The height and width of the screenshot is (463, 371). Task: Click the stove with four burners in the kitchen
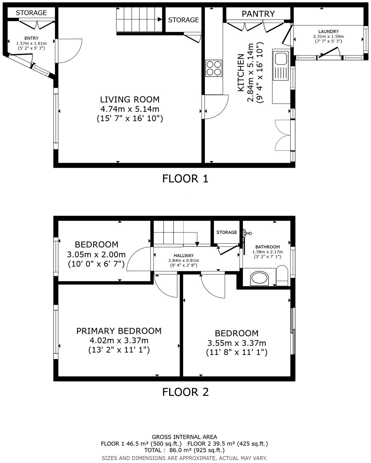214,68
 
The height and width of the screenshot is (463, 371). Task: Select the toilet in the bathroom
282,276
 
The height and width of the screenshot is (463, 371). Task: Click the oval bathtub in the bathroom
260,278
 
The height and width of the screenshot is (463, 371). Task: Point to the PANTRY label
258,14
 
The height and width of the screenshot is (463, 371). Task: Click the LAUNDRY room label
328,32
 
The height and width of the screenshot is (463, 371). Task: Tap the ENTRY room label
31,38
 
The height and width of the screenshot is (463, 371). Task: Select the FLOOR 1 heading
185,179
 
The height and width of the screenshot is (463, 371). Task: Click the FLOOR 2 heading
185,392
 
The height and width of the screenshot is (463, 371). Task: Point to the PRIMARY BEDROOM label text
119,331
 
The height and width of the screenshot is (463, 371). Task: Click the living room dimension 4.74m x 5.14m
130,109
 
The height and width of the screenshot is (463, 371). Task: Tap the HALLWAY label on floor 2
184,255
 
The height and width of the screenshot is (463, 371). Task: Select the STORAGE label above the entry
31,13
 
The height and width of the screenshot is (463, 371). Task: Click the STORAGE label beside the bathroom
227,232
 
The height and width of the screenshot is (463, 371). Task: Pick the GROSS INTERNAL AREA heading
184,437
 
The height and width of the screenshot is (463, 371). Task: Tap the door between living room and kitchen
216,107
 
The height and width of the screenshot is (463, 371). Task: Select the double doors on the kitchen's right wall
283,135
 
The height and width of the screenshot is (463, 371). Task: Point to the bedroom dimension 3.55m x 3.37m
237,343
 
